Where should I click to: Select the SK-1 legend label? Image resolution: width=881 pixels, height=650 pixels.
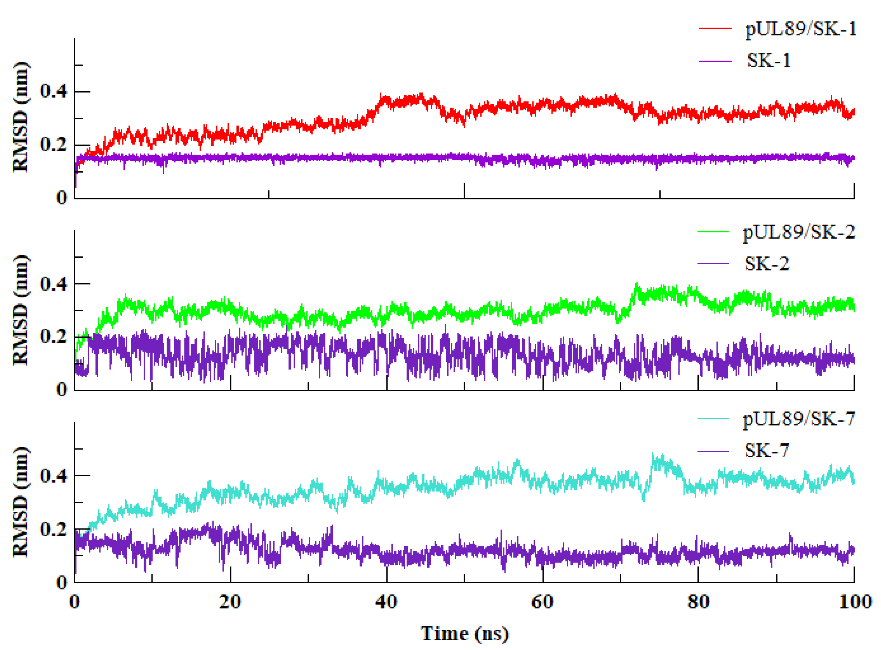pos(769,61)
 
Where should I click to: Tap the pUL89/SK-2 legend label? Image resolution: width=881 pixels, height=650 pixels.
pos(799,232)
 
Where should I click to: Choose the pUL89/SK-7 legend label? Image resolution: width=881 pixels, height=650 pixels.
pos(799,419)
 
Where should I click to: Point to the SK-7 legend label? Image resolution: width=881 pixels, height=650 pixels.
pos(766,451)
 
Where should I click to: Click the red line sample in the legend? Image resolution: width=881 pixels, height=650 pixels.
pos(715,29)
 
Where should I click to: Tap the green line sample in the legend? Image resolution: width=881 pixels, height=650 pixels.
pos(713,232)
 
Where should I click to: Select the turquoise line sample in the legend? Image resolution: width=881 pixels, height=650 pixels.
pos(713,418)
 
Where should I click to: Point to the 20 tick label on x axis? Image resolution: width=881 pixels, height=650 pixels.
pos(230,602)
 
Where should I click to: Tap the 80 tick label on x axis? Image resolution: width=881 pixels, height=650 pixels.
pos(698,602)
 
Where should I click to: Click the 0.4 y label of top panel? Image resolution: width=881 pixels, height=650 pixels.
pos(53,91)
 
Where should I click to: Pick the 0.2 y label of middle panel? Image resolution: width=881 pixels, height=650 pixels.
pos(53,337)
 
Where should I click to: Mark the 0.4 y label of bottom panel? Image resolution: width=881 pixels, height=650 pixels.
pos(53,476)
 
